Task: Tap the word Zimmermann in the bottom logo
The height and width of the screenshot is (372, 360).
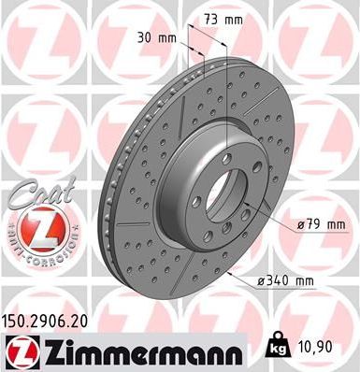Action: coord(140,351)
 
